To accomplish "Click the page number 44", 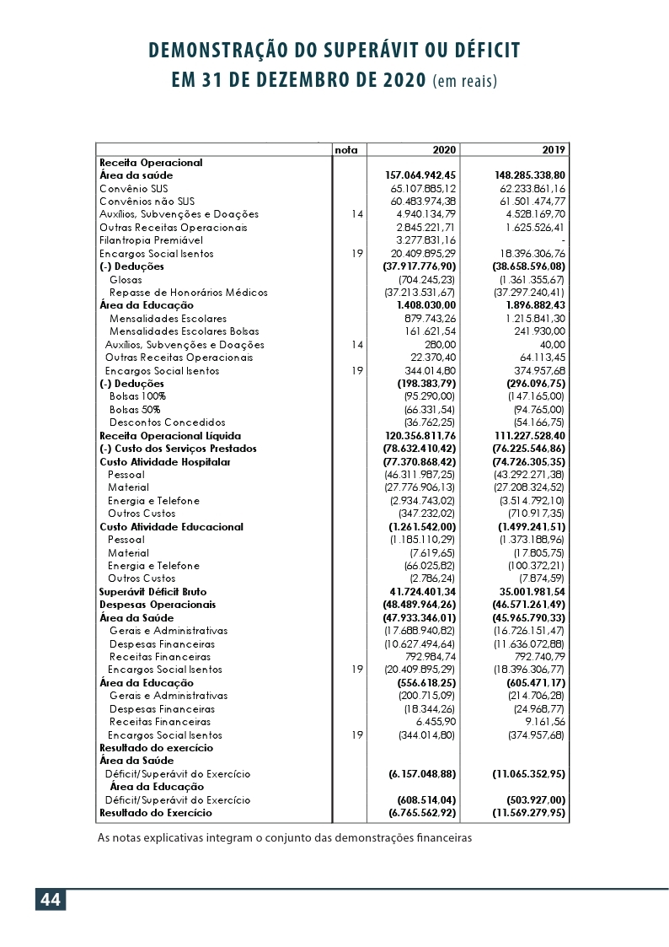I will (50, 900).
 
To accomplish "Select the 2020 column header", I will (444, 149).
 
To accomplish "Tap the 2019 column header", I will (554, 149).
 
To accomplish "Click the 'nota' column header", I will (346, 149).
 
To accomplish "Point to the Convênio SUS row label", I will (134, 188).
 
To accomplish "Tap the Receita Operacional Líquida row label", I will (160, 435).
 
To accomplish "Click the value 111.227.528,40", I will (529, 435).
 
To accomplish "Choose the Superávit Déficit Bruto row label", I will (153, 592).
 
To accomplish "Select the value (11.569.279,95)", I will (528, 813).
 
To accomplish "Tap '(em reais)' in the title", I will (464, 82).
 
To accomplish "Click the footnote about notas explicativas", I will (285, 838).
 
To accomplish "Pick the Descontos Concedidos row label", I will (168, 422).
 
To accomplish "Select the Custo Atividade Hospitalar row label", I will (164, 461).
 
